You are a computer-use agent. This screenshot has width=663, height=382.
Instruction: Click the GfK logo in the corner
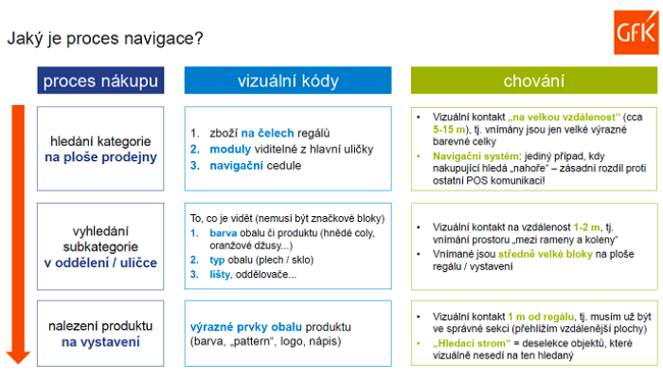(x=636, y=23)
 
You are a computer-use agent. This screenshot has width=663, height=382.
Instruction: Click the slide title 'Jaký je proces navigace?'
(x=104, y=39)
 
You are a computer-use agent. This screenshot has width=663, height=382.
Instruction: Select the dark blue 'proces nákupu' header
(x=100, y=81)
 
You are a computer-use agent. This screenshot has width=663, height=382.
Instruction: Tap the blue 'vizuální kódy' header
(x=287, y=81)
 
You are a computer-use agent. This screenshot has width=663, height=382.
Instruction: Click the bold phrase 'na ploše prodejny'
(x=103, y=157)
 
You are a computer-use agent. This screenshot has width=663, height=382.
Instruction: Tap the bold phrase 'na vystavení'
(x=103, y=340)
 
